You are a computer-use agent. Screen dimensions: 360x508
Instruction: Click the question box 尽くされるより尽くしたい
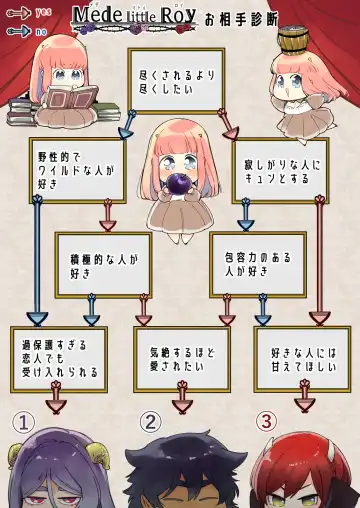(176, 79)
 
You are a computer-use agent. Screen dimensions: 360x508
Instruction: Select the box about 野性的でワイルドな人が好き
(78, 170)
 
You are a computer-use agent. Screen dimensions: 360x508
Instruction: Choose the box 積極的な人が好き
(103, 264)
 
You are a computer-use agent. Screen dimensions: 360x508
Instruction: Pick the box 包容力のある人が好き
(257, 264)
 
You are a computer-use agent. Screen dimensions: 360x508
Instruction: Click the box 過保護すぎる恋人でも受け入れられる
(58, 357)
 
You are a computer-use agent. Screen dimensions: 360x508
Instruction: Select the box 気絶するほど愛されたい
(180, 357)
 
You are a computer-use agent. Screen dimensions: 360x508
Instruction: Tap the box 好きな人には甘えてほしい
(301, 357)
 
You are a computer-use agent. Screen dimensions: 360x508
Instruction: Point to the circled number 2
(150, 422)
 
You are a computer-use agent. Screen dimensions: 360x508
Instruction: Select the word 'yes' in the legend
(43, 12)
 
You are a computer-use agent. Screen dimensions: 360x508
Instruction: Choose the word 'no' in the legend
(41, 31)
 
